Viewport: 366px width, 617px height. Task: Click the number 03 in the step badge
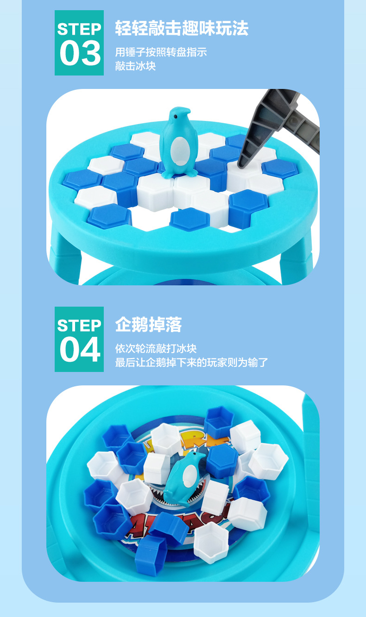click(79, 53)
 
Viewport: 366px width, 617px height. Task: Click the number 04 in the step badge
click(79, 350)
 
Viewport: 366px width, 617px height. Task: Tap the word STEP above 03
click(79, 29)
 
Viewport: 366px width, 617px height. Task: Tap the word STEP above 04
click(79, 326)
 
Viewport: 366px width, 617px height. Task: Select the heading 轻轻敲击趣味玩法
click(182, 29)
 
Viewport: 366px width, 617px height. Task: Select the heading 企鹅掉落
click(148, 325)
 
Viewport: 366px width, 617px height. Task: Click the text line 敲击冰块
click(135, 66)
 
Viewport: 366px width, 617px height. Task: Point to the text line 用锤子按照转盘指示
click(161, 52)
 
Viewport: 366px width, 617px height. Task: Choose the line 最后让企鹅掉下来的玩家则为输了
click(191, 362)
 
